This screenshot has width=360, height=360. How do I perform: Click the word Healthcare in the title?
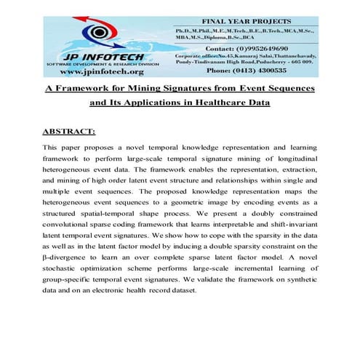point(231,103)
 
